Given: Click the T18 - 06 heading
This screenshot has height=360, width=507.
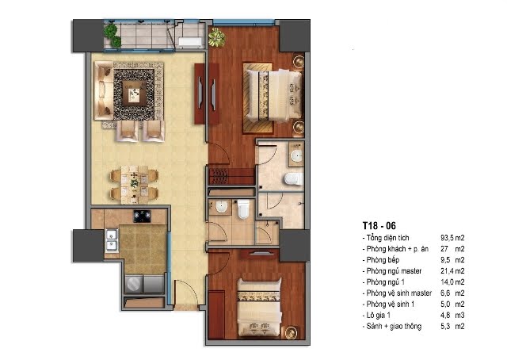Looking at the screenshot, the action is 379,226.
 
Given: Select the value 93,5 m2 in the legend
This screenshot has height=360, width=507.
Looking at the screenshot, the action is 452,238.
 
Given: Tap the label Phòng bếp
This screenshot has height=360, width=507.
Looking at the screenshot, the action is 383,260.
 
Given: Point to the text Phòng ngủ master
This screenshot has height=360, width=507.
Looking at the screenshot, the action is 394,271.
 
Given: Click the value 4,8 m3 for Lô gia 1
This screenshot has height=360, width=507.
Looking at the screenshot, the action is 452,315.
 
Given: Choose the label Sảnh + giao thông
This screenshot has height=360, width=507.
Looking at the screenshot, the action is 394,326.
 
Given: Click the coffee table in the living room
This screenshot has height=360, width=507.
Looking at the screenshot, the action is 134,94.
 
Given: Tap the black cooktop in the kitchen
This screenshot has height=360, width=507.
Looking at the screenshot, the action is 143,216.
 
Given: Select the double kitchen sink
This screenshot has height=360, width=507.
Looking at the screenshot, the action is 112,240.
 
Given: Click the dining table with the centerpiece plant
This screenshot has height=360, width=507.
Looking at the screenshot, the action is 134,185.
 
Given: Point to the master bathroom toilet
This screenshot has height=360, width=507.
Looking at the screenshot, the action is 294,179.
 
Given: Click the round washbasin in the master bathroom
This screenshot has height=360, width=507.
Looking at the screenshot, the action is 296,155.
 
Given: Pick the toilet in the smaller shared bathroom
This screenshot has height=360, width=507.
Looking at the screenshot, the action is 243,209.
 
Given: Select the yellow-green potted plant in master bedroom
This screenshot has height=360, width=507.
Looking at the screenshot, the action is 216,37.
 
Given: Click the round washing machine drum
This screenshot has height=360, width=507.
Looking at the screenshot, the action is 134,284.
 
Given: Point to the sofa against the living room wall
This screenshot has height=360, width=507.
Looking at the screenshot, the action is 104,91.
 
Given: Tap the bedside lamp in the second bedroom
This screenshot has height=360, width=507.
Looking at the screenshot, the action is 292,332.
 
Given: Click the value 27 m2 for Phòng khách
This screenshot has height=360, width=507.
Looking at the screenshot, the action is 452,249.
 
